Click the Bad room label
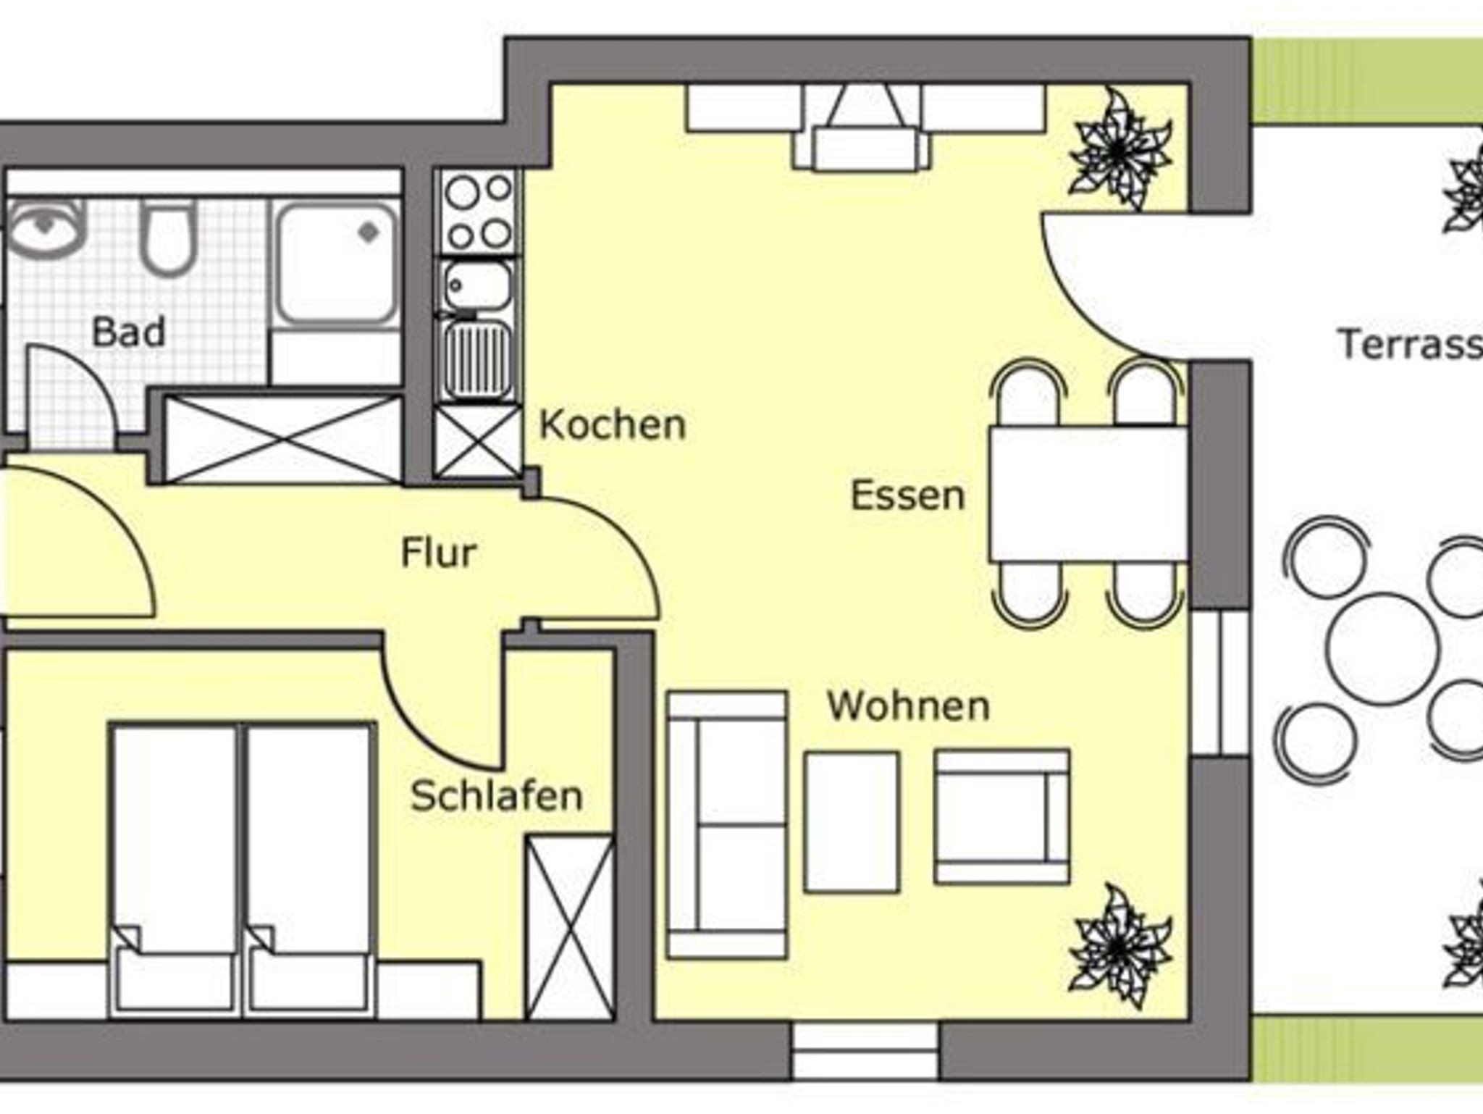click(x=129, y=332)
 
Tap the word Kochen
click(x=613, y=424)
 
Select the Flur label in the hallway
click(x=439, y=553)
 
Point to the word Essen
click(x=908, y=495)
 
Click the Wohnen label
click(x=909, y=706)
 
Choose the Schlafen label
click(x=497, y=795)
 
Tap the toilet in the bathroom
click(x=168, y=237)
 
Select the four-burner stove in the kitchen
click(x=478, y=212)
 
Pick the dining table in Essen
click(x=1088, y=494)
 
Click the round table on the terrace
click(x=1382, y=648)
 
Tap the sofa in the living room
click(x=726, y=825)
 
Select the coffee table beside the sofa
click(x=852, y=822)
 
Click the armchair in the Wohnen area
click(x=1001, y=817)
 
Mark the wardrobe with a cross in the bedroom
click(x=570, y=927)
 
